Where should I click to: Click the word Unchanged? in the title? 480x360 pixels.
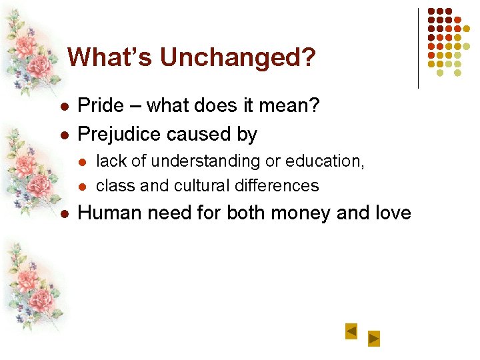tap(237, 57)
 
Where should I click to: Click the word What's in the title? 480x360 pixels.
tap(110, 57)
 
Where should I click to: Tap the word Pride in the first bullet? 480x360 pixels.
tap(101, 105)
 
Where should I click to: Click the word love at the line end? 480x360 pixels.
tap(389, 213)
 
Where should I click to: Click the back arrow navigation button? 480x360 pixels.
tap(351, 331)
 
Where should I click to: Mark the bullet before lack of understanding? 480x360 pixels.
tap(83, 162)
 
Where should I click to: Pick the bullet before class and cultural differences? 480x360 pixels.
tap(83, 186)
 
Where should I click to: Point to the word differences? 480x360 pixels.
tap(281, 185)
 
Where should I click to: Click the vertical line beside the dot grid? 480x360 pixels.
tap(418, 48)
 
